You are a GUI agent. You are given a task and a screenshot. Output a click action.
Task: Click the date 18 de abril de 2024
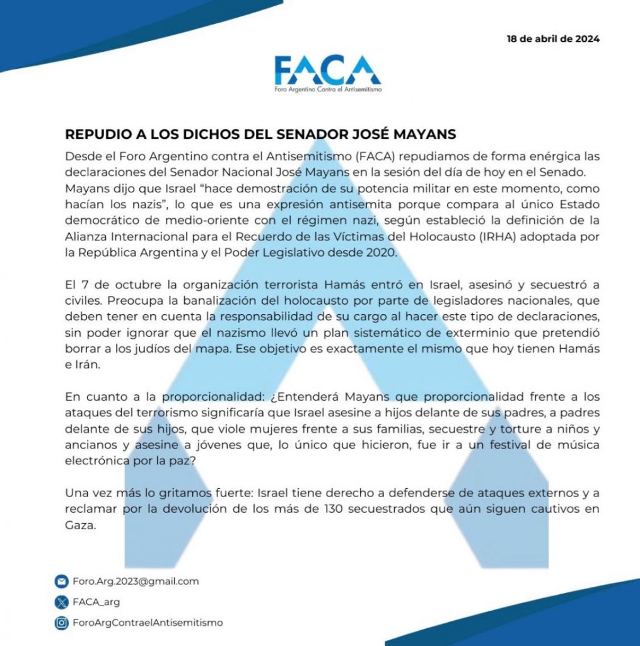(553, 39)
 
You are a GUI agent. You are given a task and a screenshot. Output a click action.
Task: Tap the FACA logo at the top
(327, 71)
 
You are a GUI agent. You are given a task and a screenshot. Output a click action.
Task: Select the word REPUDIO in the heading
(93, 135)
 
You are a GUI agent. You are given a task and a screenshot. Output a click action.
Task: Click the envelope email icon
(61, 581)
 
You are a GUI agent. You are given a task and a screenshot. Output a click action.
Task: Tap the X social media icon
(61, 602)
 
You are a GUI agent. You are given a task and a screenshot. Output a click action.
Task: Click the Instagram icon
(61, 623)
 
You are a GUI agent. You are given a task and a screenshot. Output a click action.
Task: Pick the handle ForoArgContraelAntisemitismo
(148, 623)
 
